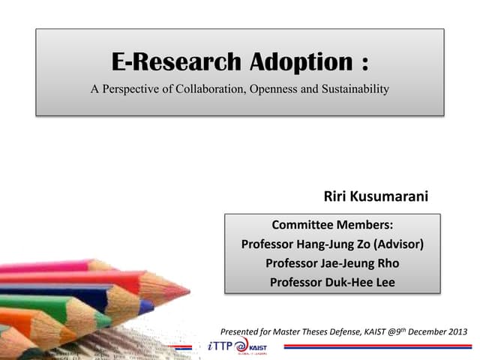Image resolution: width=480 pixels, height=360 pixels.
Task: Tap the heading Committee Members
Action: (331, 224)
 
